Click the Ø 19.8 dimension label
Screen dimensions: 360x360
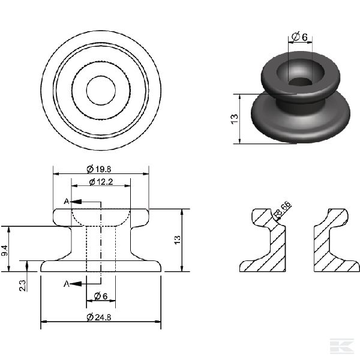click(99, 169)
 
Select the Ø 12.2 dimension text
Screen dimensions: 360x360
click(101, 182)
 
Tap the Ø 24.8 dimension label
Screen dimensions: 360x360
click(99, 317)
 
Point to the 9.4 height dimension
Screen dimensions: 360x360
click(4, 250)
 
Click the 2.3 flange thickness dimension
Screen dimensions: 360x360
click(23, 286)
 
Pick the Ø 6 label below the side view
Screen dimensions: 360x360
click(101, 296)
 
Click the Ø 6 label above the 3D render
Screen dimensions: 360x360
click(299, 37)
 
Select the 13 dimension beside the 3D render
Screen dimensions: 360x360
click(235, 119)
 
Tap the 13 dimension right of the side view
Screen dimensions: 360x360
click(177, 240)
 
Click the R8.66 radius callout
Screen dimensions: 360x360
click(283, 209)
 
